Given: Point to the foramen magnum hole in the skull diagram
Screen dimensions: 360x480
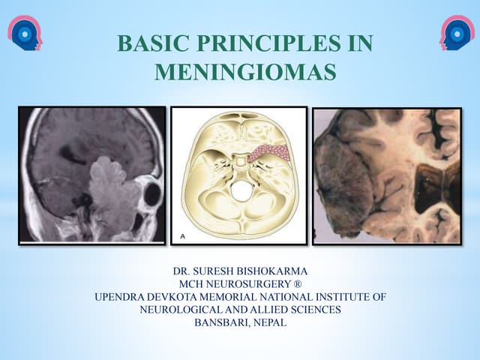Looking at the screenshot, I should [x=241, y=190].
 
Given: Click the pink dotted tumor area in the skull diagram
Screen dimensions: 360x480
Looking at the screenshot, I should [x=268, y=154].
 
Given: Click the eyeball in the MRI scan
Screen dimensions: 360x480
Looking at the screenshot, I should [x=152, y=194].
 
